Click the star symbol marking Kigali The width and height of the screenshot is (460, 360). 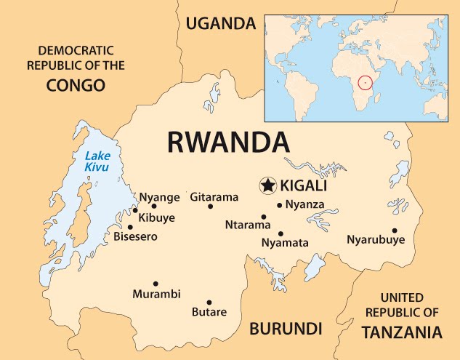pos(268,185)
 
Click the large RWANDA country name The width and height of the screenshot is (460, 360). pos(227,142)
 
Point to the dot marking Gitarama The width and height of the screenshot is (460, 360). pos(211,207)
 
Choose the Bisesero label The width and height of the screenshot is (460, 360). pos(135,236)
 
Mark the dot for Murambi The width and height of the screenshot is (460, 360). pos(156,284)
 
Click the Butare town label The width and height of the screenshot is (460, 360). pos(209,313)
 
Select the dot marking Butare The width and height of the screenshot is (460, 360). pos(209,303)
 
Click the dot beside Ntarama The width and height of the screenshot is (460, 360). pos(264,217)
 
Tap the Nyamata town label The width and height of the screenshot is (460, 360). pos(285,243)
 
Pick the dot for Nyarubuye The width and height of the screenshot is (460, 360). pos(395,231)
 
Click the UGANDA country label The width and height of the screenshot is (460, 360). pos(222,23)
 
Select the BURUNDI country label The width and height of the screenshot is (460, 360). pos(286,328)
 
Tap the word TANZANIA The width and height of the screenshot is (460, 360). pos(401,332)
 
